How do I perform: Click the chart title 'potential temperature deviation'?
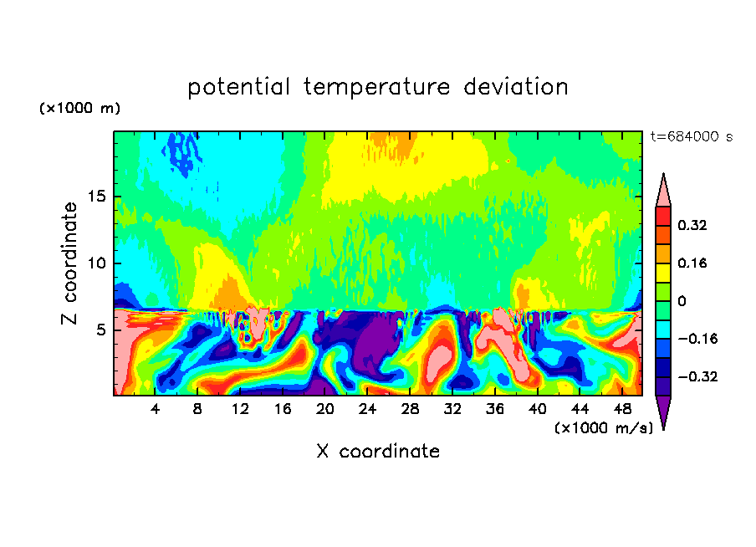(378, 87)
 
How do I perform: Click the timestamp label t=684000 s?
(691, 137)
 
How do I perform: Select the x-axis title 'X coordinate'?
(378, 452)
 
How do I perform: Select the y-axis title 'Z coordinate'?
(69, 263)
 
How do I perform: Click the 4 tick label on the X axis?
(156, 409)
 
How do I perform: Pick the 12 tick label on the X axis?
(241, 409)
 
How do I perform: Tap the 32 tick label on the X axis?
(452, 409)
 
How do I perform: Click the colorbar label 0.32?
(693, 225)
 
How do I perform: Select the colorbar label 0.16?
(693, 263)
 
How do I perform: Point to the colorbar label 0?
(682, 301)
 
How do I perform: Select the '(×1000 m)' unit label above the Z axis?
(79, 109)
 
